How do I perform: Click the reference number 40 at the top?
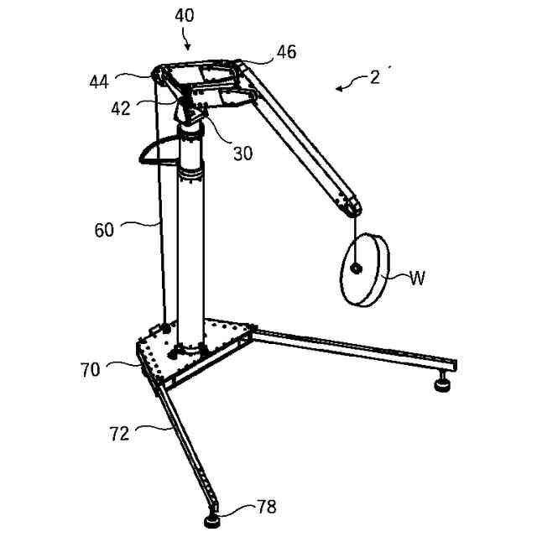pos(185,15)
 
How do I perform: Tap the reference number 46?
pos(286,53)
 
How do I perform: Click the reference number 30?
pos(242,153)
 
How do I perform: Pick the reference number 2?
pos(373,77)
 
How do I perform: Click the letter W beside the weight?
pos(417,279)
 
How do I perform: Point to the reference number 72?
pos(119,433)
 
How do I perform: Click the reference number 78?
pos(266,506)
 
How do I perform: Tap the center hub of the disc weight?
pos(357,268)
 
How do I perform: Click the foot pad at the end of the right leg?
pos(441,385)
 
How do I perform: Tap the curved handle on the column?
pos(155,150)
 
